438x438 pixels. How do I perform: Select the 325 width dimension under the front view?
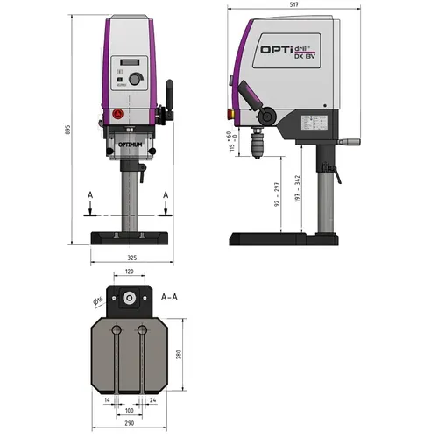pos(131,258)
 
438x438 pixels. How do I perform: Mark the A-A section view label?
pos(170,297)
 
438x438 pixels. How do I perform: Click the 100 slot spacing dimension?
pos(130,409)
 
